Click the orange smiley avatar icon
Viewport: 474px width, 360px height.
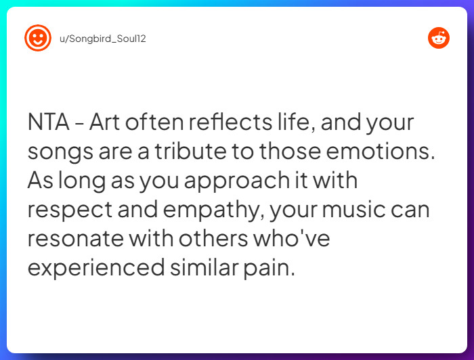click(x=38, y=39)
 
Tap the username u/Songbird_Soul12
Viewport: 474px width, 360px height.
click(x=103, y=39)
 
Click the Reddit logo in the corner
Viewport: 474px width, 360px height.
click(x=439, y=39)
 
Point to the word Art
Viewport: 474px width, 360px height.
click(x=105, y=124)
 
